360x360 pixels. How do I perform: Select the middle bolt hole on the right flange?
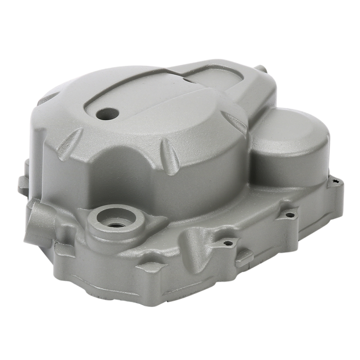[x=290, y=215]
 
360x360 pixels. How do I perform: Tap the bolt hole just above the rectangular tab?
[x=229, y=243]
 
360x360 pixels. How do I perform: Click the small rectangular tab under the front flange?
[x=244, y=258]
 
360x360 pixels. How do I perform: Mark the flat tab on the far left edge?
[x=22, y=184]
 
